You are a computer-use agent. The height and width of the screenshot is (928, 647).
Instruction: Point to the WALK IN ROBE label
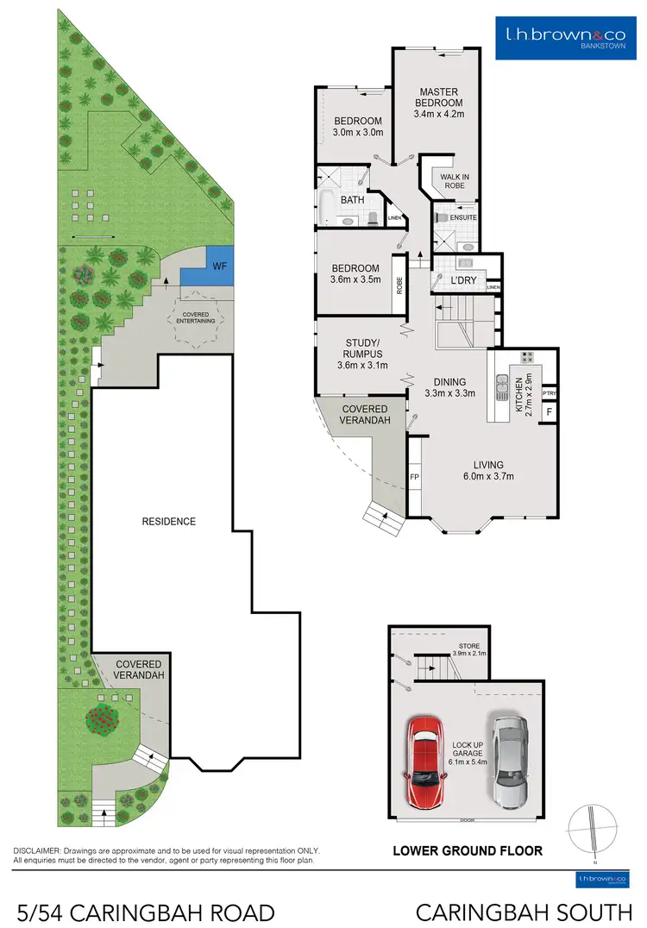pyautogui.click(x=452, y=181)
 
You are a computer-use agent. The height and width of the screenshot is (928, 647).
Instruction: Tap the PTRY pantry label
pyautogui.click(x=549, y=393)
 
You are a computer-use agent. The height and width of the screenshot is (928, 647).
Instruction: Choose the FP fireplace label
pyautogui.click(x=414, y=476)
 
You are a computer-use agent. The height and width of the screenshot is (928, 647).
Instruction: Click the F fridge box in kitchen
pyautogui.click(x=549, y=413)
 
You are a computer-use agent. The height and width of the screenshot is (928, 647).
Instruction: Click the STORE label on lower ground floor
pyautogui.click(x=469, y=646)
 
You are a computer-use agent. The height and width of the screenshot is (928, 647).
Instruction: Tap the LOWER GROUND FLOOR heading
pyautogui.click(x=468, y=850)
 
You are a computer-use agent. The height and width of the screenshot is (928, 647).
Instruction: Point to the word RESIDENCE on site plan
pyautogui.click(x=169, y=521)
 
